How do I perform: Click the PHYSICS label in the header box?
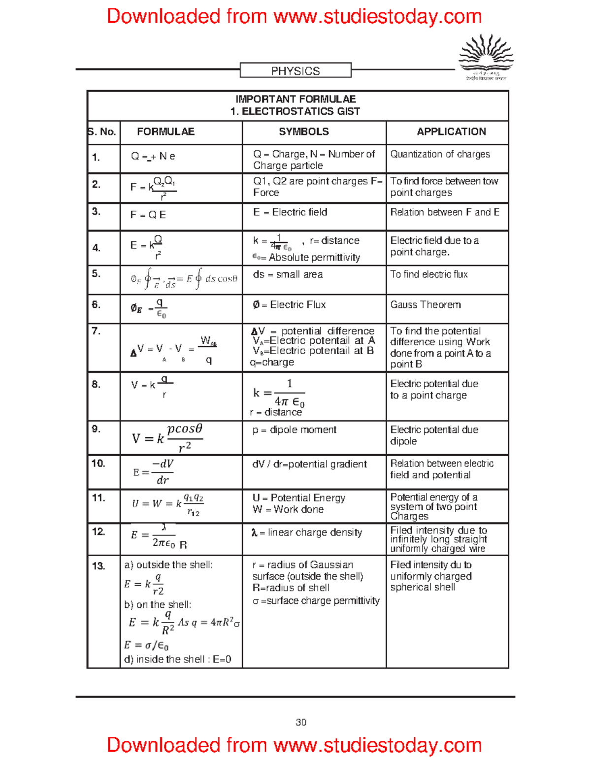tap(295, 71)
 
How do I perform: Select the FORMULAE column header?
tap(165, 132)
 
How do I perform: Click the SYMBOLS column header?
tap(304, 132)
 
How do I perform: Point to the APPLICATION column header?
tap(451, 132)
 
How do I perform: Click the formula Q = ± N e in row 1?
tap(153, 157)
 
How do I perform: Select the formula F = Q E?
tap(148, 215)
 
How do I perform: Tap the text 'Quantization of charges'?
tap(440, 154)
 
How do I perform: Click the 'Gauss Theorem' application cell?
tap(426, 305)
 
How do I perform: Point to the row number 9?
tap(96, 429)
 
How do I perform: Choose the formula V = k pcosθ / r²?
tap(167, 437)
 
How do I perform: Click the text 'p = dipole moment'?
tap(295, 430)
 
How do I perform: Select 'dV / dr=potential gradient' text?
tap(309, 464)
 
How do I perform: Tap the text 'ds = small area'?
tap(288, 274)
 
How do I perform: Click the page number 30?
tap(301, 723)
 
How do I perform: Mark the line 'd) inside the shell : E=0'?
tap(178, 660)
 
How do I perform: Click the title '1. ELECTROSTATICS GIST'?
tap(295, 112)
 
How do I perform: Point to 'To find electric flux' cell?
tap(429, 274)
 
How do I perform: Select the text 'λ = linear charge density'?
tap(307, 533)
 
